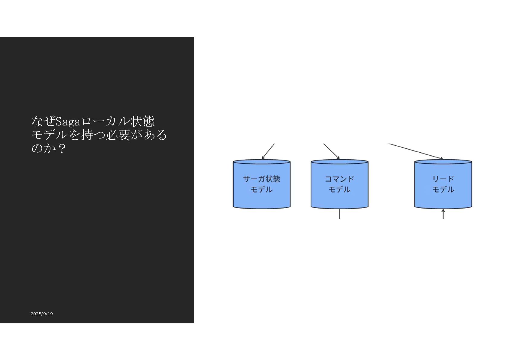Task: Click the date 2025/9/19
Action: click(x=42, y=314)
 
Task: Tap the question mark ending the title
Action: click(x=62, y=148)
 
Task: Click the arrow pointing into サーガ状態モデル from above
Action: click(x=268, y=151)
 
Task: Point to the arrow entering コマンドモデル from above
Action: click(x=331, y=151)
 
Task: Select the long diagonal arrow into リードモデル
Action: click(x=415, y=151)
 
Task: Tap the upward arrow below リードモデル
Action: click(x=443, y=214)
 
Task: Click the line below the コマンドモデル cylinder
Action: click(x=339, y=214)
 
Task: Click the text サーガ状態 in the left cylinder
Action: click(x=261, y=179)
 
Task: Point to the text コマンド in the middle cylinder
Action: click(x=339, y=179)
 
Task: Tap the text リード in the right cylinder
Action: click(x=443, y=179)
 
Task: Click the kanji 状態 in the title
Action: click(x=142, y=122)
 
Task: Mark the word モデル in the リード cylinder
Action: click(x=443, y=190)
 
